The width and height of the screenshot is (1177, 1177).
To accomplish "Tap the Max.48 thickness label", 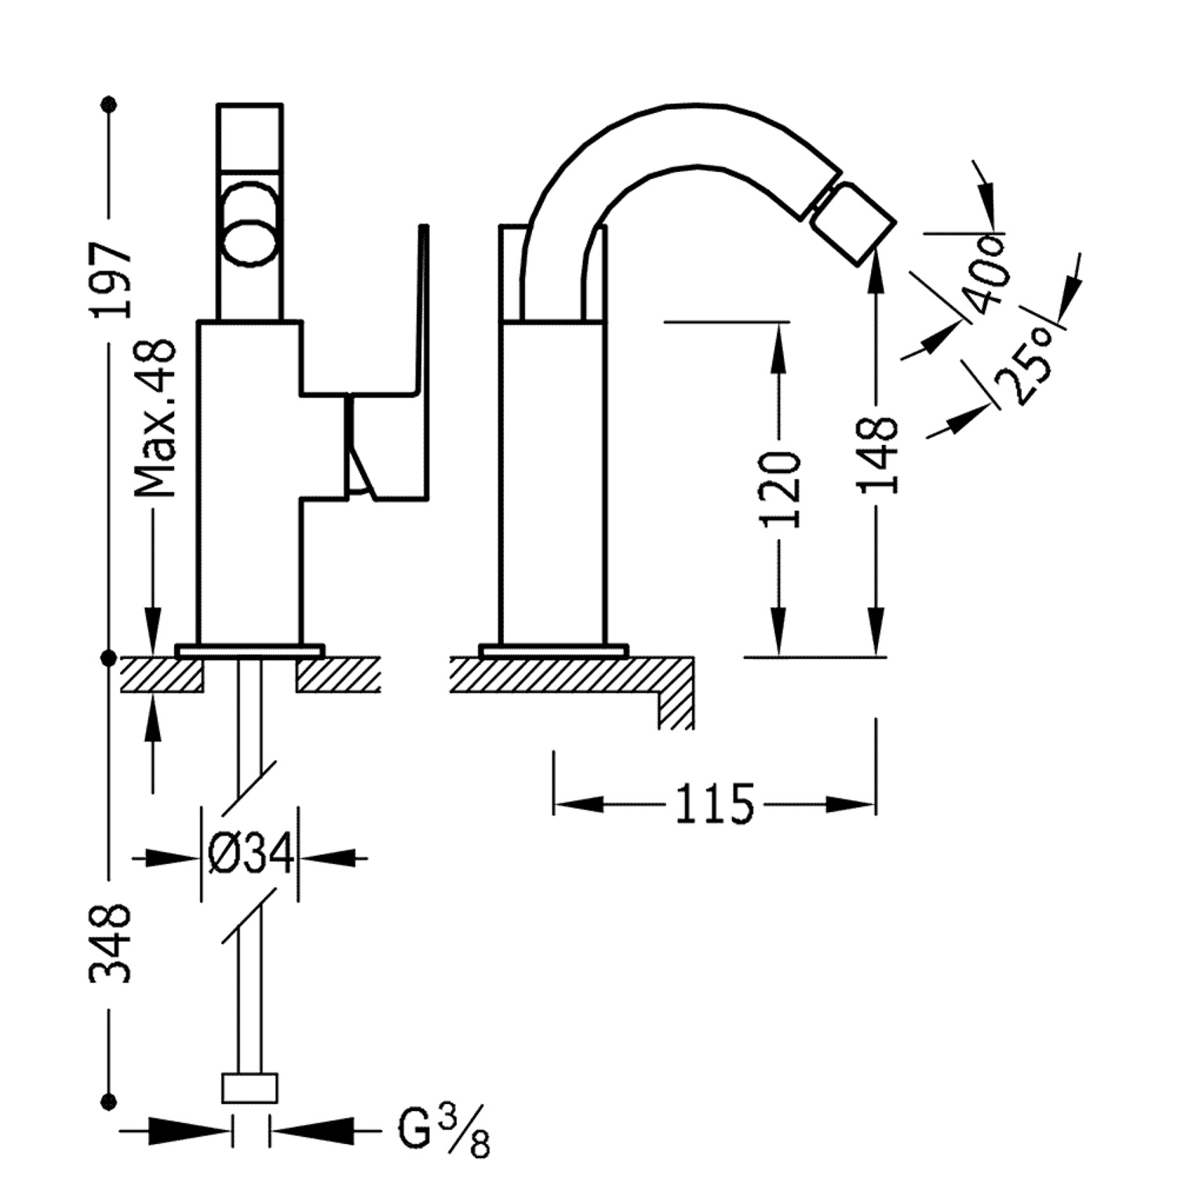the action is pyautogui.click(x=155, y=418).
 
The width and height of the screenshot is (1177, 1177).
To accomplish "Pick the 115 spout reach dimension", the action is pyautogui.click(x=714, y=803).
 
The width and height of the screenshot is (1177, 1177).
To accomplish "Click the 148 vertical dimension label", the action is pyautogui.click(x=878, y=455).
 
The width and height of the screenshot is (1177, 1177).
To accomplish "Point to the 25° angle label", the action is pyautogui.click(x=1025, y=365).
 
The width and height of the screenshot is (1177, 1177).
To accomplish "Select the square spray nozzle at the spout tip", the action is pyautogui.click(x=853, y=219).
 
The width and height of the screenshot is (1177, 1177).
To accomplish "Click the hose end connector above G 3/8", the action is pyautogui.click(x=250, y=1088).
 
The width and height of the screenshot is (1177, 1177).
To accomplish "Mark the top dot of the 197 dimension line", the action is pyautogui.click(x=110, y=104).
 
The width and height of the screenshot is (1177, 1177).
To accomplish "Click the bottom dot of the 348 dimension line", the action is pyautogui.click(x=110, y=1101).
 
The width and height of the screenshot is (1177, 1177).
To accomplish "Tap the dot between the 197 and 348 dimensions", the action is pyautogui.click(x=110, y=658).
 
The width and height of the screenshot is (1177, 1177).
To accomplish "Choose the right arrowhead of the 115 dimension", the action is pyautogui.click(x=851, y=804).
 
